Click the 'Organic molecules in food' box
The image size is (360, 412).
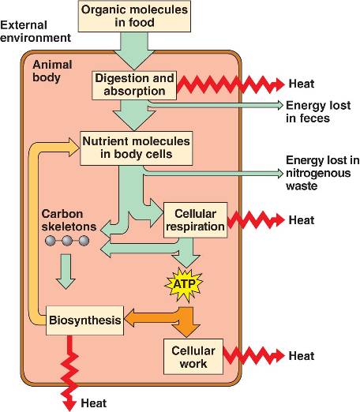[134, 16]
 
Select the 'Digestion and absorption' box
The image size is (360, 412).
[134, 85]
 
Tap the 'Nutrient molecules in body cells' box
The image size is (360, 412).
[136, 148]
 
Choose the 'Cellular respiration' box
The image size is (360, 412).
[195, 220]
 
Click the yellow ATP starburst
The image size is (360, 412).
[184, 284]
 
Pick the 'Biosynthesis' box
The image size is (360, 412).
[84, 320]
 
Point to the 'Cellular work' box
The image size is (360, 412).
[193, 357]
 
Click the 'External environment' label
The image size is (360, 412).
[36, 32]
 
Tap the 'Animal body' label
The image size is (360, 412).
[52, 71]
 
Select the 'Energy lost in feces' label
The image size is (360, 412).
[318, 111]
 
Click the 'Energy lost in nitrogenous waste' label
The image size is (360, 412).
[322, 173]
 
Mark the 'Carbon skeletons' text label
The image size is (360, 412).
[69, 220]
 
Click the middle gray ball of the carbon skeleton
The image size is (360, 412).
[67, 241]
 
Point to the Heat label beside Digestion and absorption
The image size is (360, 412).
[302, 84]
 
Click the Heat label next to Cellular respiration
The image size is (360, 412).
[302, 220]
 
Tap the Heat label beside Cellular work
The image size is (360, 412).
[302, 356]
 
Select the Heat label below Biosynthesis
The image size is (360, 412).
[93, 403]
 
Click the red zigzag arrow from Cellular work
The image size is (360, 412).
[254, 356]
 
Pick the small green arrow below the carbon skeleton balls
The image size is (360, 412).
[66, 272]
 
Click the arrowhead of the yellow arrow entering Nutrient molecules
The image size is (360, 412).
[74, 148]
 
